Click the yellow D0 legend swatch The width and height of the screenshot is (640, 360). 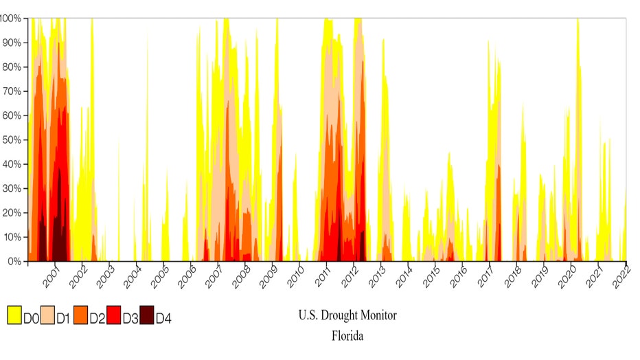[x=14, y=317]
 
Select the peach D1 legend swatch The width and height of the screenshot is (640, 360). [x=47, y=317]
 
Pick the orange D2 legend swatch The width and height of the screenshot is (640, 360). [x=80, y=317]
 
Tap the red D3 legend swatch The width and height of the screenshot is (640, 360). [x=113, y=317]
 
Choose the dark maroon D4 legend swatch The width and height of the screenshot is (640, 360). [x=146, y=317]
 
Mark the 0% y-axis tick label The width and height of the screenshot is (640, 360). [x=14, y=262]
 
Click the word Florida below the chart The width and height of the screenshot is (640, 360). [x=347, y=337]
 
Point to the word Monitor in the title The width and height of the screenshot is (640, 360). [x=380, y=316]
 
